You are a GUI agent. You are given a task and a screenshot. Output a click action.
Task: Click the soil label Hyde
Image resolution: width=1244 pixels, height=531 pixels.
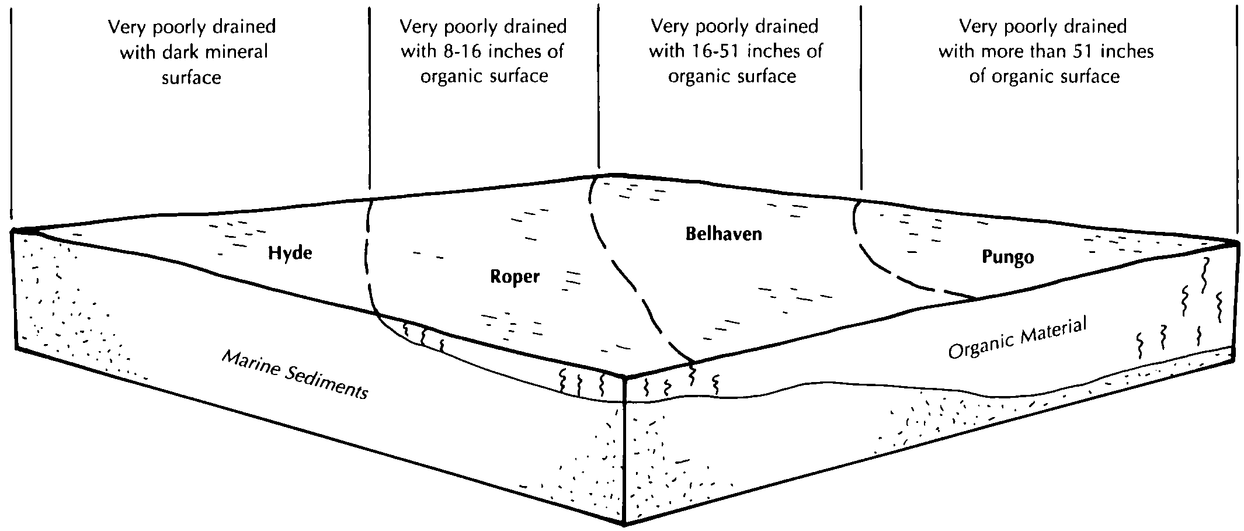290,254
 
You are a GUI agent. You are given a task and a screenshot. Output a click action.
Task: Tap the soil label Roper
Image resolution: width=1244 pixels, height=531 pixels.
515,276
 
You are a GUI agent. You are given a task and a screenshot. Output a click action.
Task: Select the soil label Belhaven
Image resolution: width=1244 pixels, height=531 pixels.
724,234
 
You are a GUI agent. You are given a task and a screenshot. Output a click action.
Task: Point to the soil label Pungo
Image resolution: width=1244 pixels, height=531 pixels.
1007,257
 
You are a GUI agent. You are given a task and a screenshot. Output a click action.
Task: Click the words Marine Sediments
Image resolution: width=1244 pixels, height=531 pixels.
295,374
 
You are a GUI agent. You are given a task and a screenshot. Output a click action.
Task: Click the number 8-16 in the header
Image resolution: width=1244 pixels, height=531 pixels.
461,51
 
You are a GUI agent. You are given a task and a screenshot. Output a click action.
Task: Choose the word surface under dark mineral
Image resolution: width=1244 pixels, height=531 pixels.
191,78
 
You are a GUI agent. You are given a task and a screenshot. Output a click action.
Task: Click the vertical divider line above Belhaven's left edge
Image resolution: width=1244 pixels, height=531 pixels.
598,88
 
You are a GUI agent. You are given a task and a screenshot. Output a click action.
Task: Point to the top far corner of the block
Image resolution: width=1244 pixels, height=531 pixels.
610,174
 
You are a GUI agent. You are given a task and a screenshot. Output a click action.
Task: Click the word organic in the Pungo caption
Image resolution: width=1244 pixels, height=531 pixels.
1013,77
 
